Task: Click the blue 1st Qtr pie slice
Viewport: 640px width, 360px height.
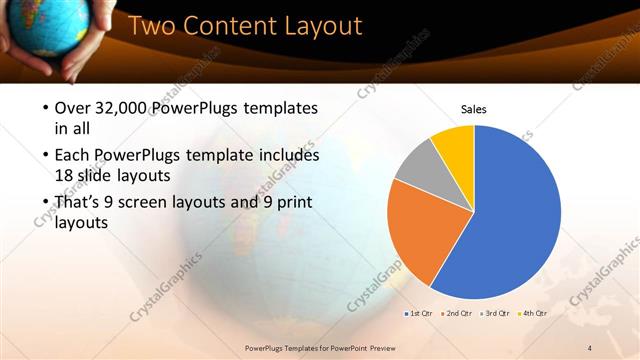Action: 510,220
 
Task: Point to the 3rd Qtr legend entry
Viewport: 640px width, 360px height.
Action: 498,313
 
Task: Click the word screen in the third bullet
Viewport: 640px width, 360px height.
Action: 173,202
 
